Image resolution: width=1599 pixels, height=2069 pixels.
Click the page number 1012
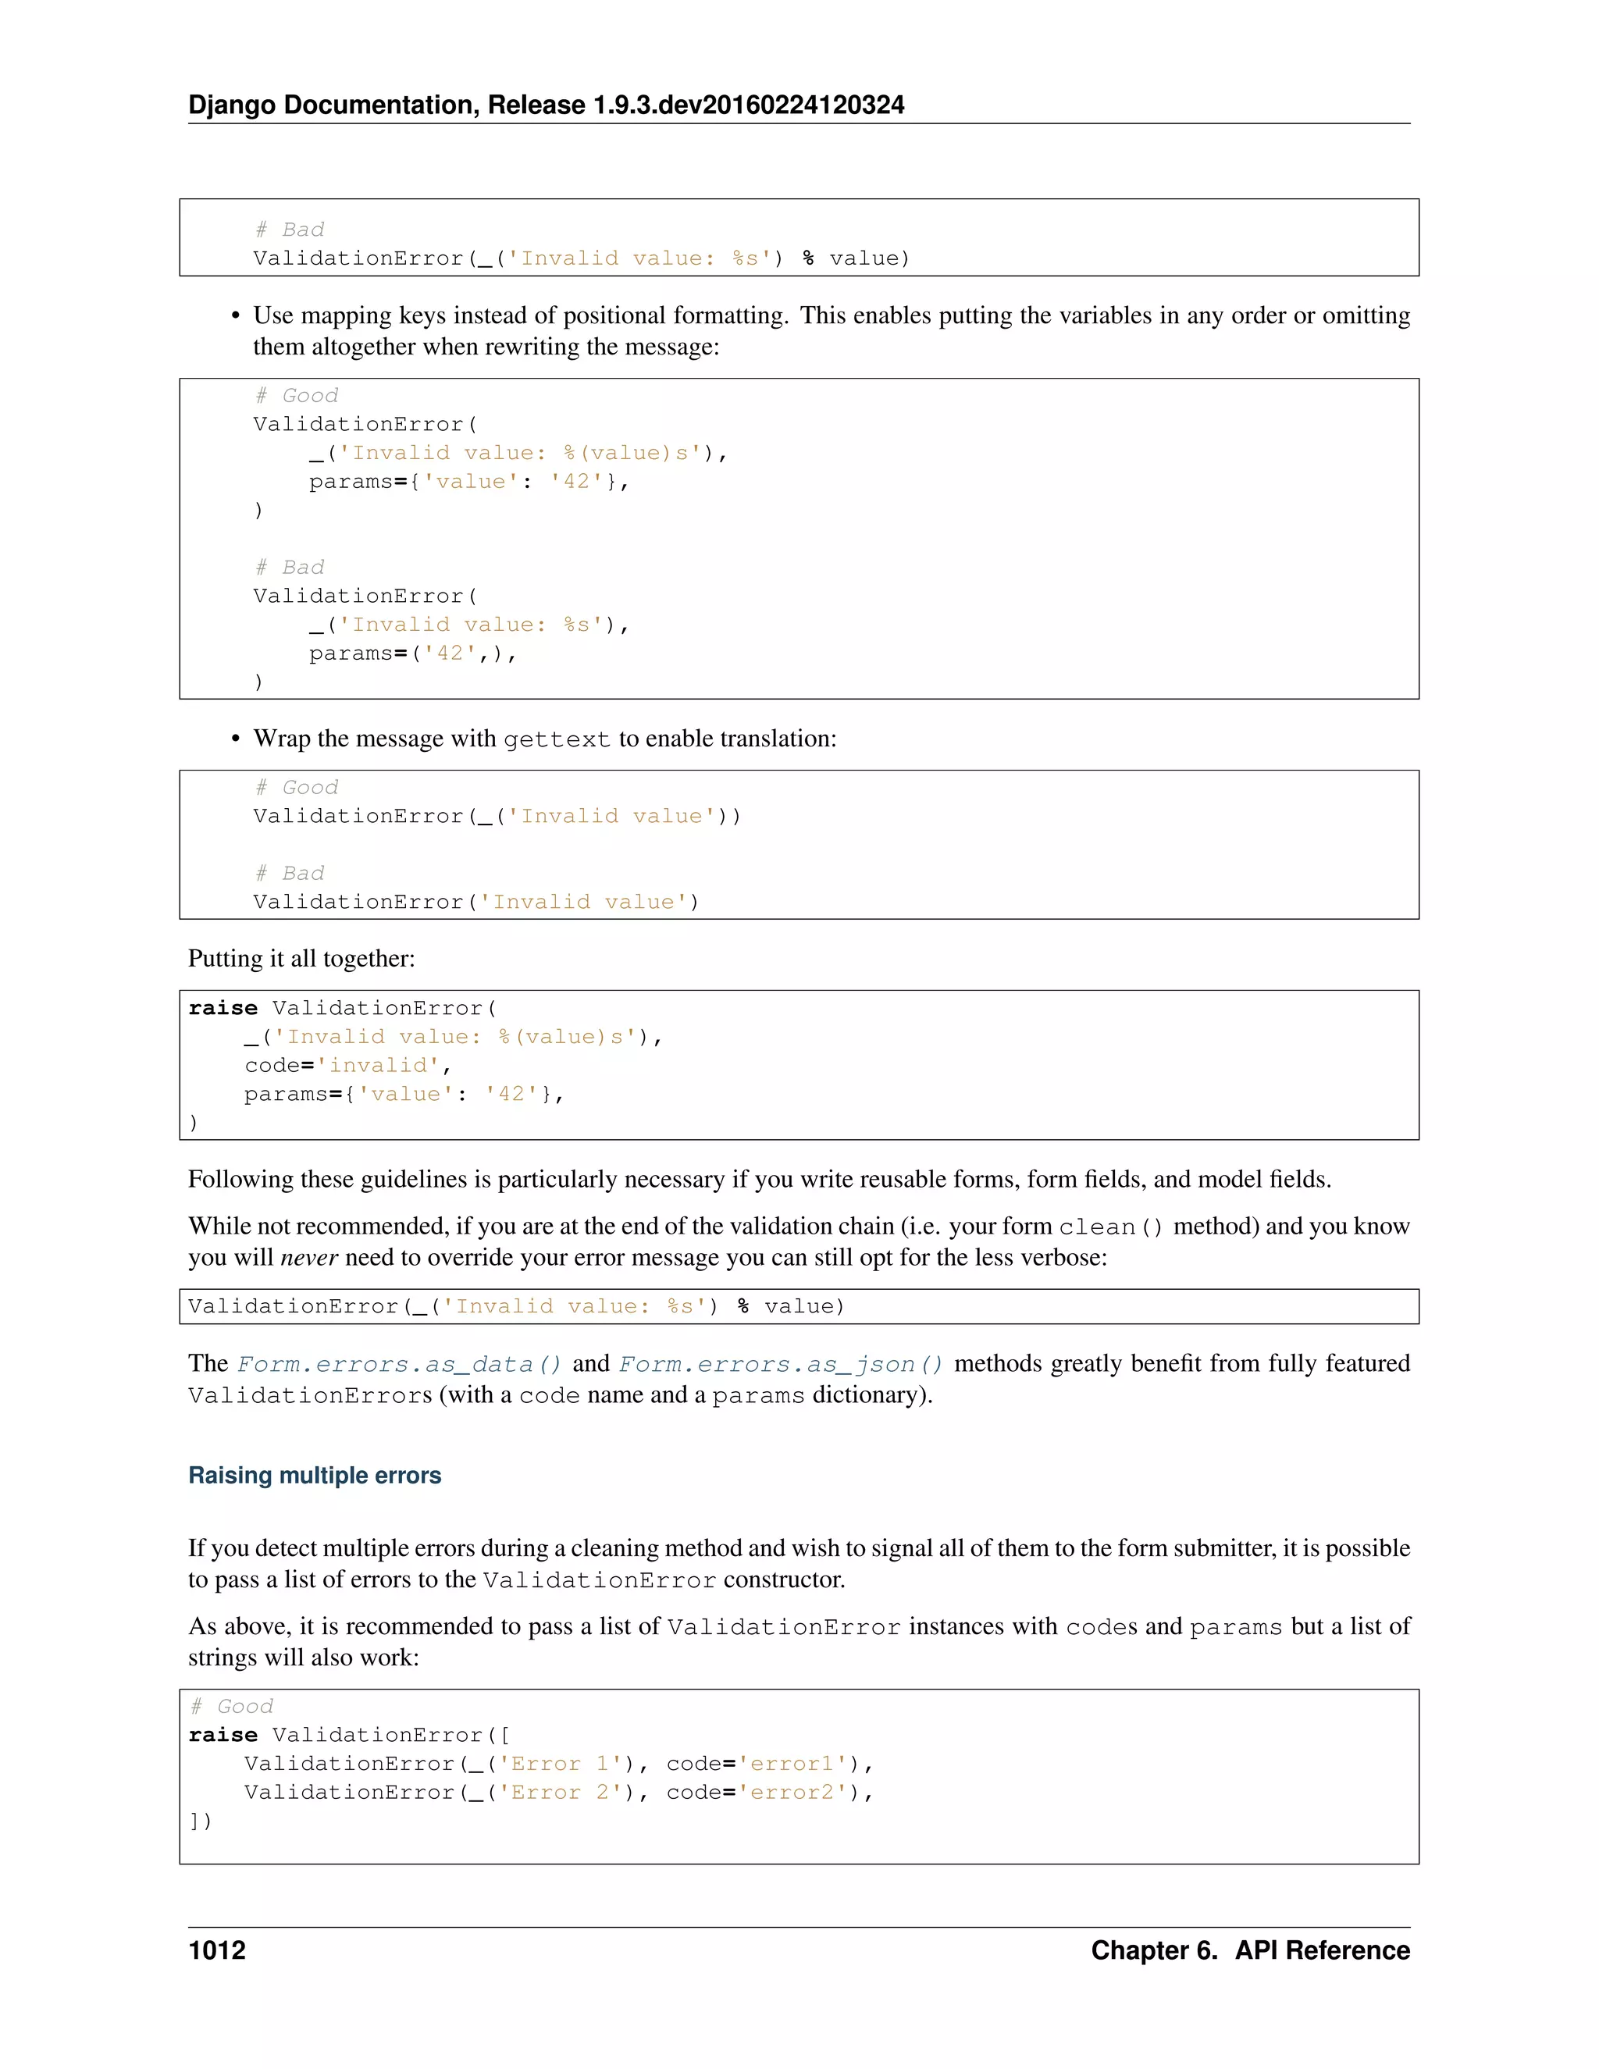pos(217,1950)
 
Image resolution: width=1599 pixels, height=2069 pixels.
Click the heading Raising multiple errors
pos(315,1475)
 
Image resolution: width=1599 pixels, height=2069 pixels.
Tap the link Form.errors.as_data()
pos(399,1364)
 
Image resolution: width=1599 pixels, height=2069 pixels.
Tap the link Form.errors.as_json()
pos(781,1364)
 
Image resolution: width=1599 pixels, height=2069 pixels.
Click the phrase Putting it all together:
pos(301,959)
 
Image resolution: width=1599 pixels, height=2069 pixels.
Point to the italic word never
pos(309,1257)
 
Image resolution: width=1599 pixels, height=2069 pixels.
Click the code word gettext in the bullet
pos(556,740)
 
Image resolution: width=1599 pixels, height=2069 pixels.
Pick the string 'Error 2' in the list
pos(560,1793)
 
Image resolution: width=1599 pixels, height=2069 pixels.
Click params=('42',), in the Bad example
pos(412,653)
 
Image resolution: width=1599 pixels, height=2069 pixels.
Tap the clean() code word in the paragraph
pos(1110,1227)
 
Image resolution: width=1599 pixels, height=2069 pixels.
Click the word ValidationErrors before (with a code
pos(310,1397)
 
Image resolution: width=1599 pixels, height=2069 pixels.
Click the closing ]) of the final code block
pos(200,1821)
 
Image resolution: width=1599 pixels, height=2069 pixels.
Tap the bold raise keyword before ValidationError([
pos(223,1736)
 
